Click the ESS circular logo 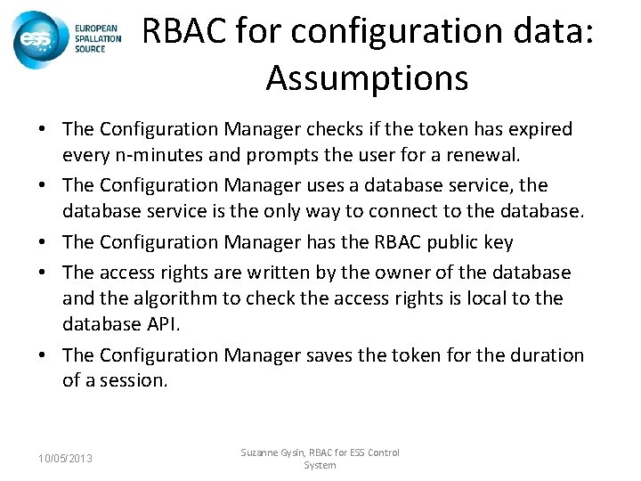click(36, 40)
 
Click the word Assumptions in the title click(366, 79)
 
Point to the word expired click(540, 129)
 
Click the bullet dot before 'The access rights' click(43, 272)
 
